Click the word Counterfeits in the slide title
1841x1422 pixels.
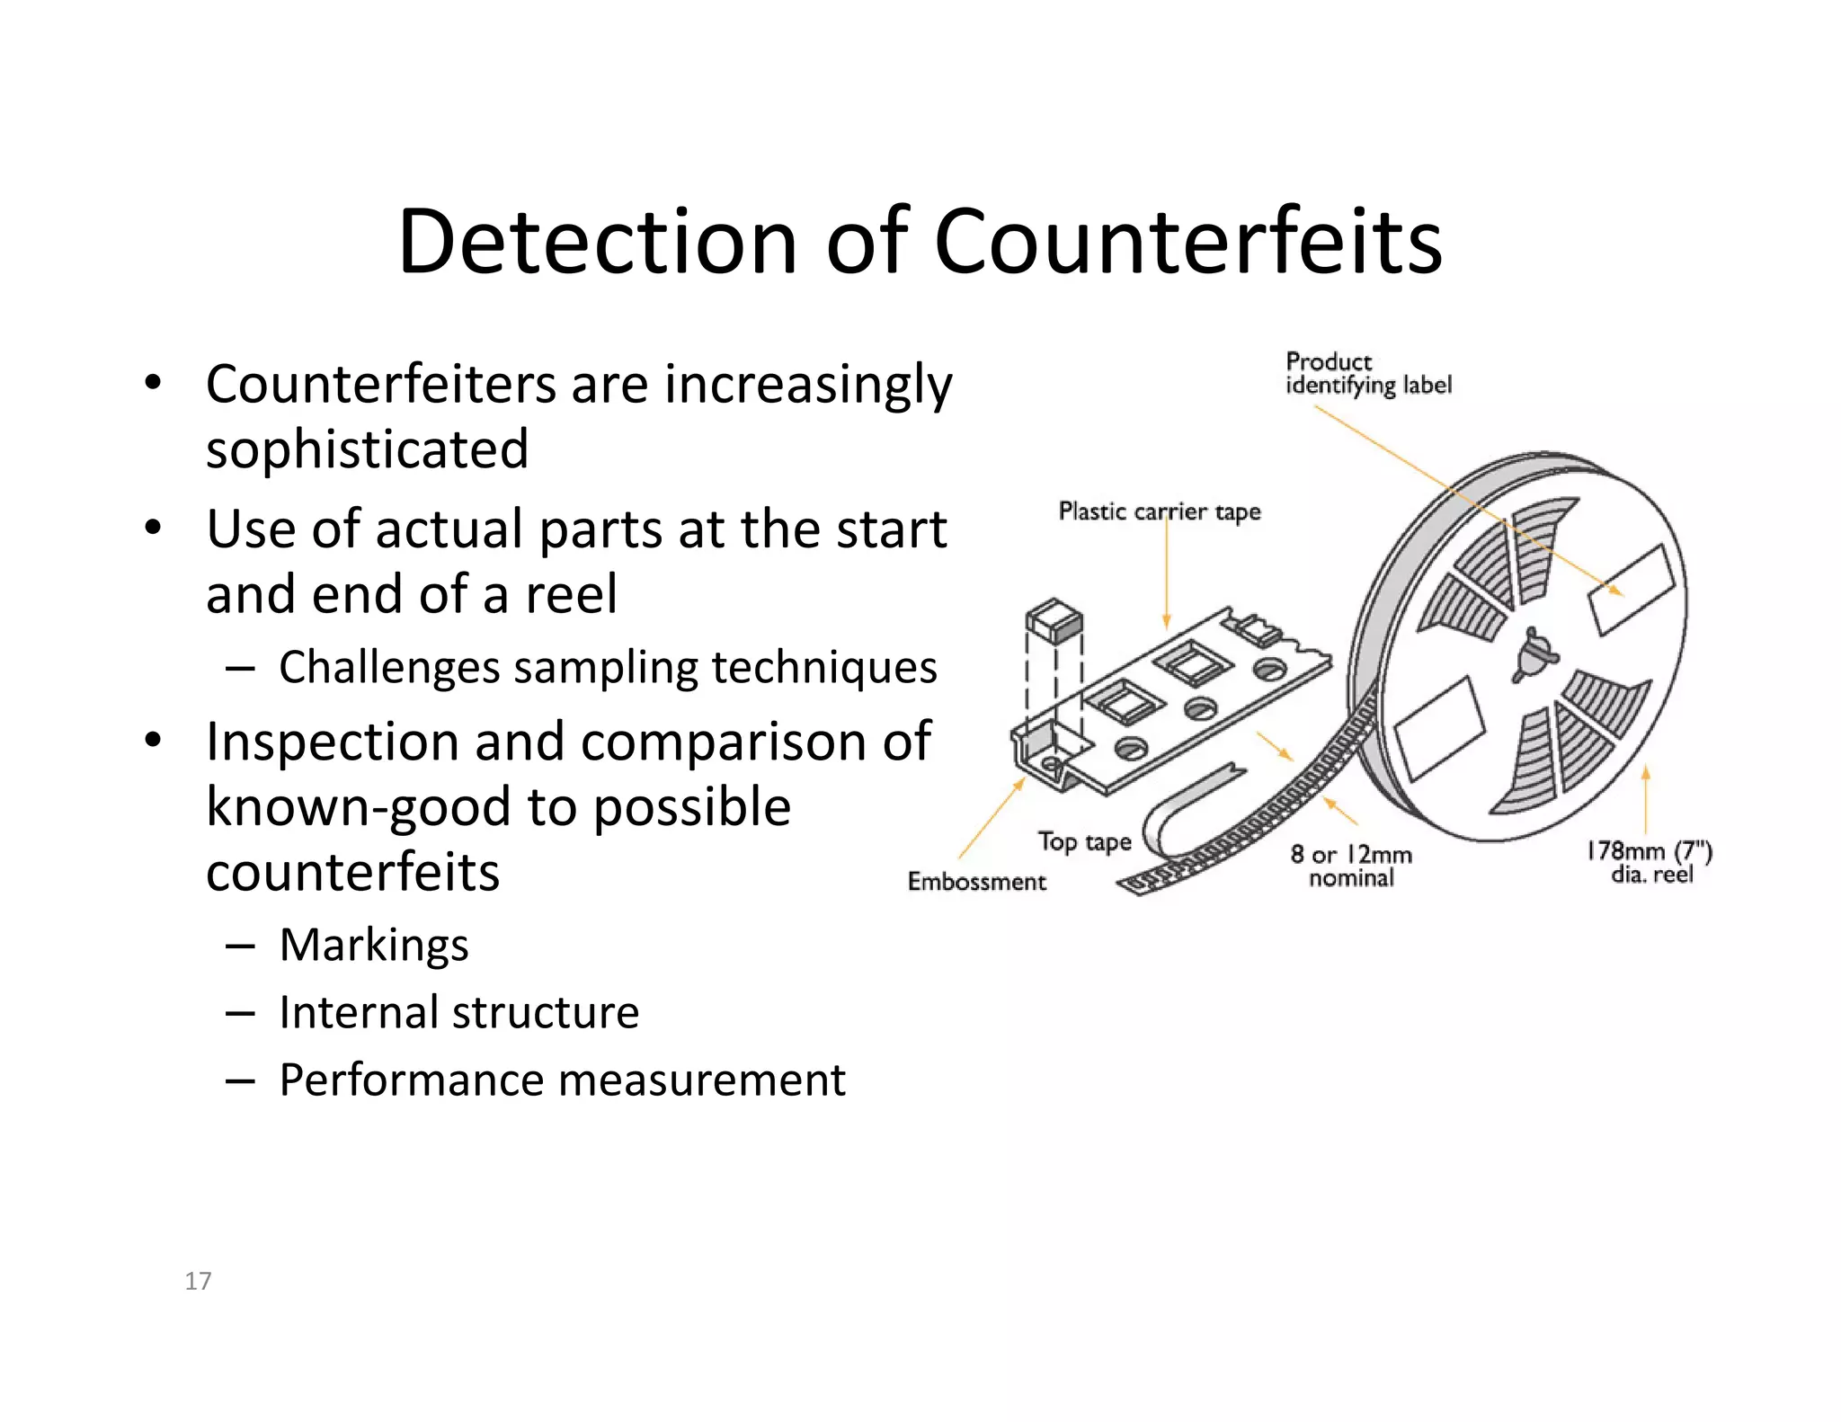point(1188,242)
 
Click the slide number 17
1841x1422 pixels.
point(198,1281)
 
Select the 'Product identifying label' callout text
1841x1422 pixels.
point(1368,373)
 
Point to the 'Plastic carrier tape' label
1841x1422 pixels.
point(1159,511)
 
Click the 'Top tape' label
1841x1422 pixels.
point(1084,842)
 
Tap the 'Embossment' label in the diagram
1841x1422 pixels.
point(976,882)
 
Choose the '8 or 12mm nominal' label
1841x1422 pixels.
point(1351,866)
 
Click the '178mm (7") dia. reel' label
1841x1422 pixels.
point(1650,862)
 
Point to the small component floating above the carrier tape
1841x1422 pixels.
point(1054,619)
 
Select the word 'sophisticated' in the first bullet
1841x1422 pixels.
point(367,449)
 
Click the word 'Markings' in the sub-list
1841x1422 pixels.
point(374,945)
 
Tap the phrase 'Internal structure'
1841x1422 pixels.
point(458,1012)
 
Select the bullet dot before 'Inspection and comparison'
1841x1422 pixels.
point(153,741)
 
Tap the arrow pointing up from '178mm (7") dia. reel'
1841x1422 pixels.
point(1646,800)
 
